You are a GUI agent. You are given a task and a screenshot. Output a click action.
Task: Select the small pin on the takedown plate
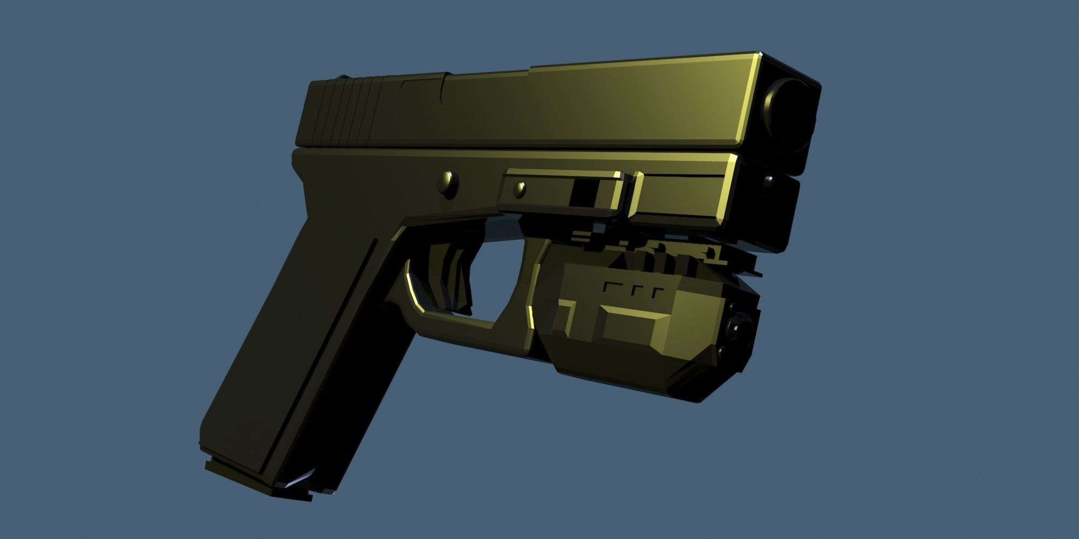pyautogui.click(x=520, y=189)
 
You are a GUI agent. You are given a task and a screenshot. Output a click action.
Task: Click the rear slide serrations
pyautogui.click(x=351, y=113)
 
